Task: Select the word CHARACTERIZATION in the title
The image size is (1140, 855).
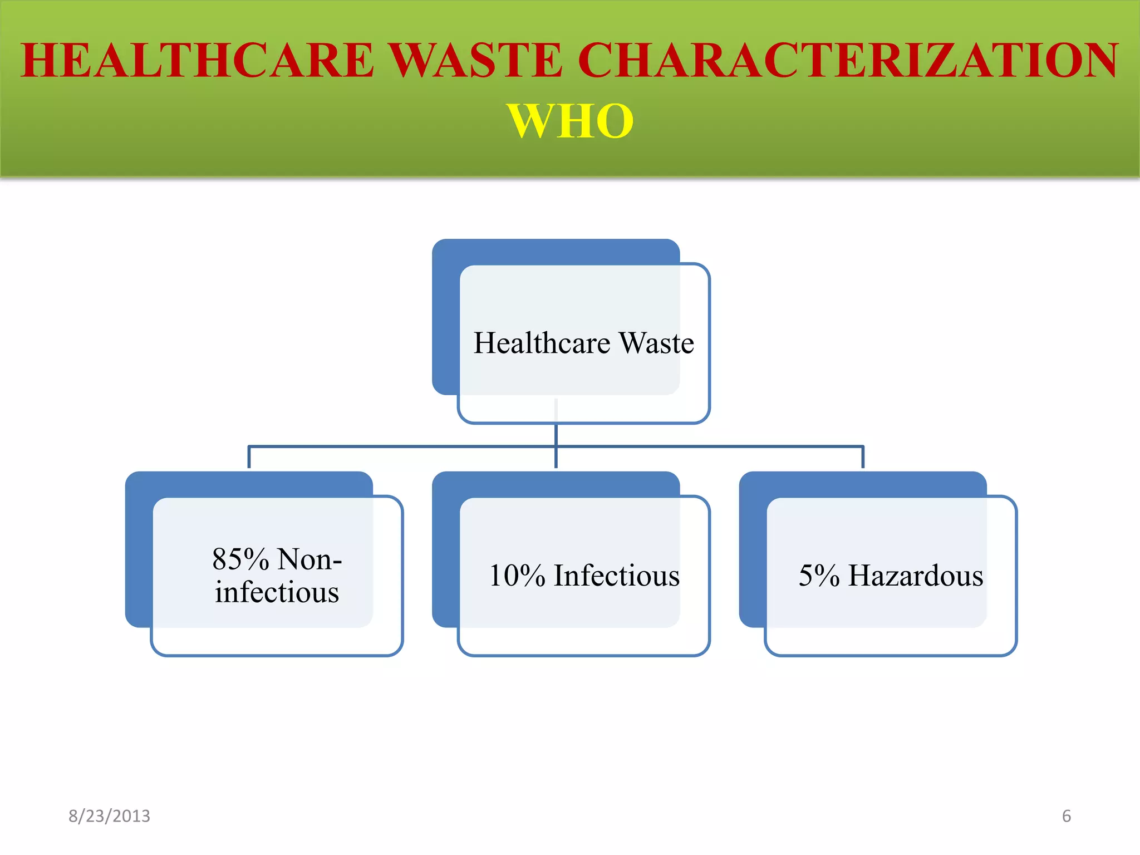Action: click(848, 60)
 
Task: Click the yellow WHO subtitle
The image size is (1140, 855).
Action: click(570, 121)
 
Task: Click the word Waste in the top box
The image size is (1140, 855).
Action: click(657, 342)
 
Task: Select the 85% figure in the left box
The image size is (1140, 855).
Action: click(240, 559)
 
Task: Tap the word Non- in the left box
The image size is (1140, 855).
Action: click(309, 559)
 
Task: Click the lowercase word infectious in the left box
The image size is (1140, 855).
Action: click(277, 592)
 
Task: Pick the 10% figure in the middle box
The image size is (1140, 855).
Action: click(517, 576)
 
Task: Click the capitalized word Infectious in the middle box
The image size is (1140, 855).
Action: click(616, 576)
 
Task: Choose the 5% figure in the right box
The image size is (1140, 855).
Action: click(819, 576)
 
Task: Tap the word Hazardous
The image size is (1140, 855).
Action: click(916, 576)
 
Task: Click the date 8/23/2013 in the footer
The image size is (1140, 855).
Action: click(109, 816)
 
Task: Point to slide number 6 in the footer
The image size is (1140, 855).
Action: click(1067, 816)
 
